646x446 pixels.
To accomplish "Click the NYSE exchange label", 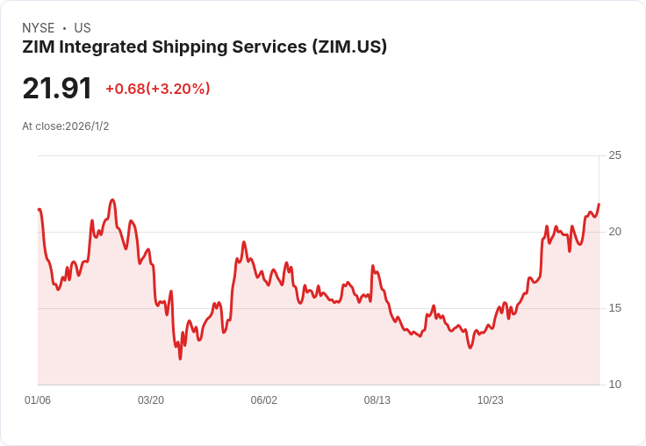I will (x=38, y=28).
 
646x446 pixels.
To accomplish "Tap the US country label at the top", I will (x=83, y=28).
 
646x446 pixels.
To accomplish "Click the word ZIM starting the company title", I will (x=39, y=47).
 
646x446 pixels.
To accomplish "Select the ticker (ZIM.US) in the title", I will (x=349, y=47).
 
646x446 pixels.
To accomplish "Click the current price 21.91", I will (x=57, y=89).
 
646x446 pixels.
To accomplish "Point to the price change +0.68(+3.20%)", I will (x=158, y=89).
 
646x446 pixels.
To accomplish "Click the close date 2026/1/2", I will (x=87, y=126).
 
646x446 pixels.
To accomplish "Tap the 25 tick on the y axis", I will (x=614, y=155).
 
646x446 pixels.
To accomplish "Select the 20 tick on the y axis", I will (x=614, y=232).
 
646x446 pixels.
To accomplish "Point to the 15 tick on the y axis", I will (x=614, y=308).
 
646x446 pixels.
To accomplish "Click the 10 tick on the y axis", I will (x=614, y=385).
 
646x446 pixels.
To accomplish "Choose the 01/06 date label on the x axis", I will (x=38, y=400).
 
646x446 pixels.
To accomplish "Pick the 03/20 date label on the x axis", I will (x=151, y=400).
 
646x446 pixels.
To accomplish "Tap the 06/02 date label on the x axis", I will (x=264, y=400).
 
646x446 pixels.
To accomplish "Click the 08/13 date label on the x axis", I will (x=377, y=400).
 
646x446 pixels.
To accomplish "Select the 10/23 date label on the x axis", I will (x=491, y=400).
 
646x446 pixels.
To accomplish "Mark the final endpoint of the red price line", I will (x=599, y=205).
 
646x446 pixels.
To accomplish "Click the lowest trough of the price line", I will (x=180, y=358).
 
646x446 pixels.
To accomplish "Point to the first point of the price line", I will (x=39, y=209).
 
